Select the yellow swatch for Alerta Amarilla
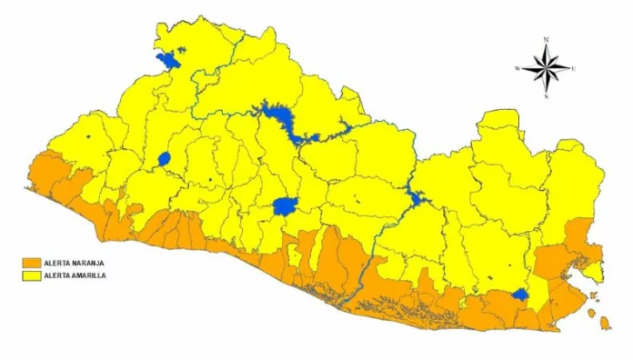(33, 272)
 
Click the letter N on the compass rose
(546, 39)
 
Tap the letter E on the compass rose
(573, 68)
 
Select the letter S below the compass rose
(546, 96)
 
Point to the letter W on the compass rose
(517, 68)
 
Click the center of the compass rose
(545, 68)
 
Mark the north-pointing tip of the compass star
(545, 45)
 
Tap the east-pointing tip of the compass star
(568, 68)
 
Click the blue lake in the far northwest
(167, 61)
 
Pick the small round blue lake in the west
(164, 159)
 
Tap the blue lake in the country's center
(286, 206)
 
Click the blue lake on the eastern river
(415, 197)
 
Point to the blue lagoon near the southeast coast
(519, 295)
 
